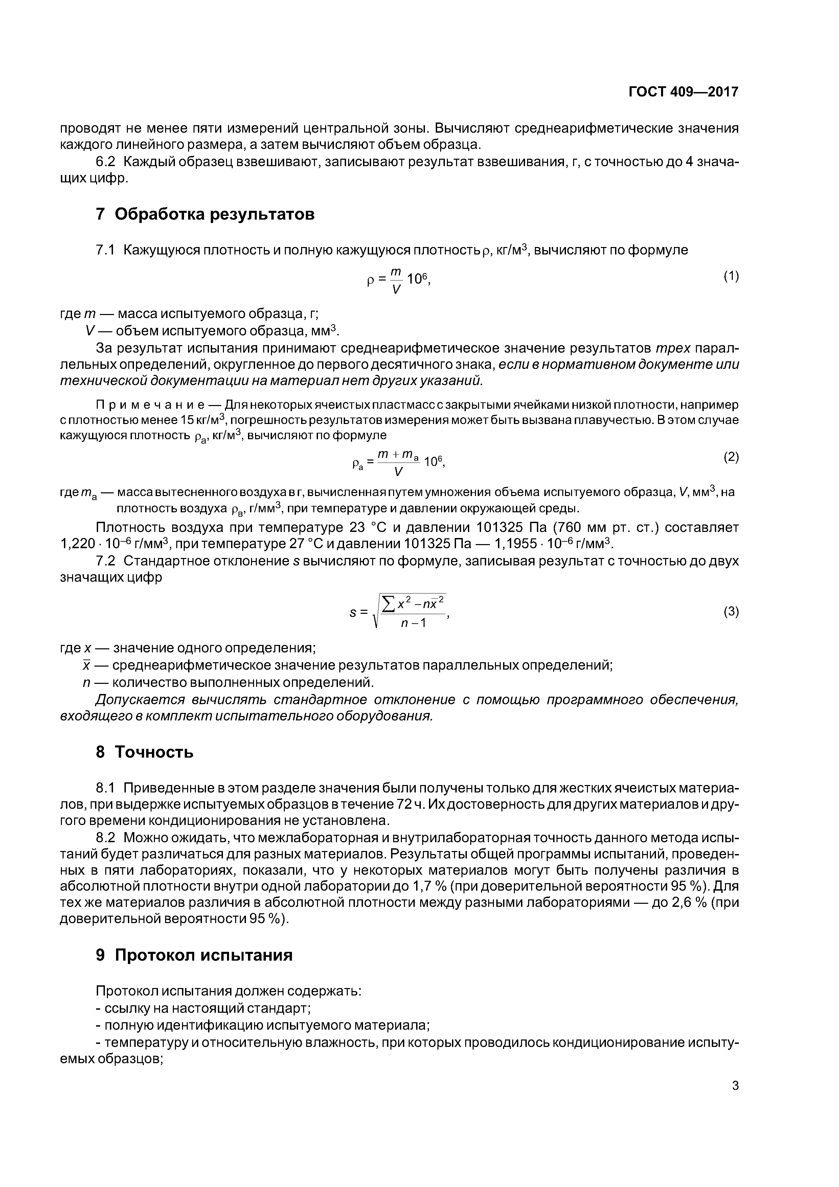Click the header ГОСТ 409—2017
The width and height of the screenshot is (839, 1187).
pyautogui.click(x=683, y=92)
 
